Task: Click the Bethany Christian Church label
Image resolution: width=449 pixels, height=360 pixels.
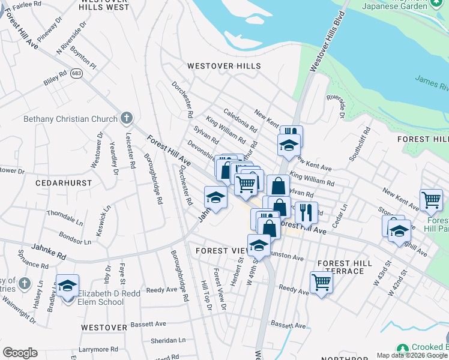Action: tap(70, 119)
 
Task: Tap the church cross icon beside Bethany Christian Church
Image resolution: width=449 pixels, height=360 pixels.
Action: tap(125, 118)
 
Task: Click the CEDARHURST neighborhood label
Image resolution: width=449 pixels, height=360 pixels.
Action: tap(63, 182)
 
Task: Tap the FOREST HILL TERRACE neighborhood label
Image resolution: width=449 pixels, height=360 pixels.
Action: tap(341, 268)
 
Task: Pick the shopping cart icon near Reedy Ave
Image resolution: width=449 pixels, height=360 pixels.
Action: tap(321, 281)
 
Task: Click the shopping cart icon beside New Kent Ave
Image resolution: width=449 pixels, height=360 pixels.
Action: tap(431, 200)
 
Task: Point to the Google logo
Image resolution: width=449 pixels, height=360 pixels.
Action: tap(20, 353)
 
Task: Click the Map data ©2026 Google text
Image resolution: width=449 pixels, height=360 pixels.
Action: tap(412, 355)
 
